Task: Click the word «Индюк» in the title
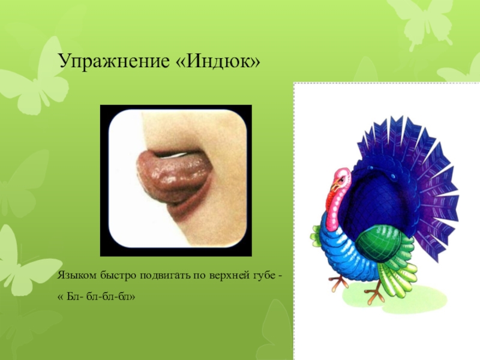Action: pyautogui.click(x=223, y=61)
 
